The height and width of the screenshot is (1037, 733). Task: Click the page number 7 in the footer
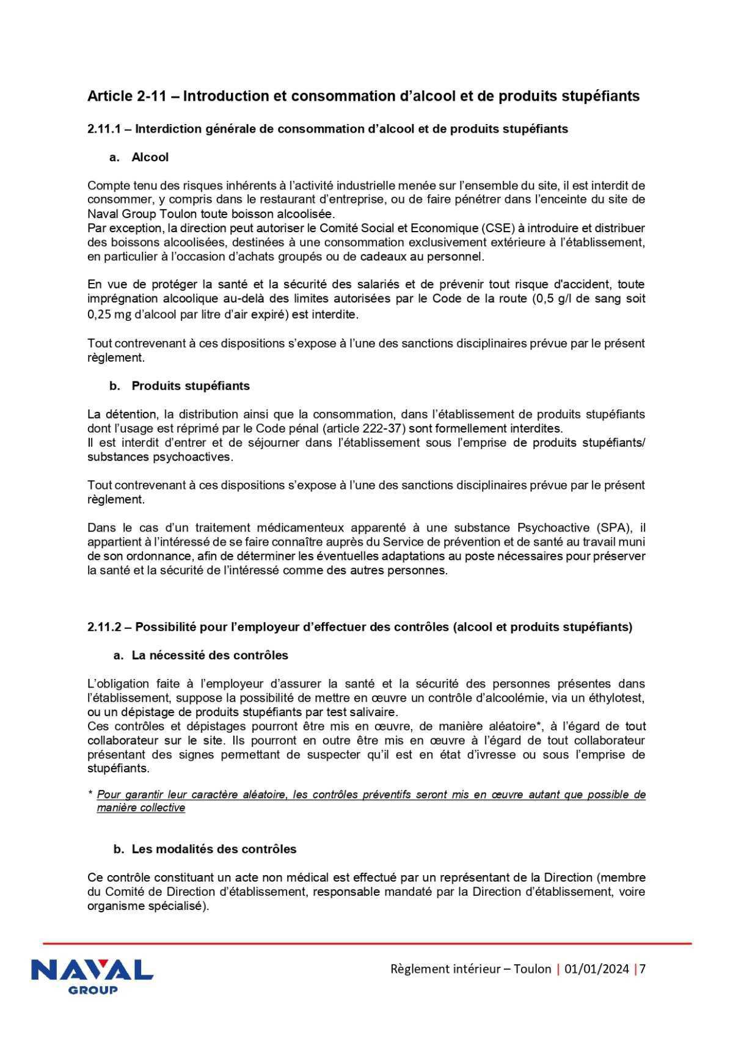pyautogui.click(x=643, y=969)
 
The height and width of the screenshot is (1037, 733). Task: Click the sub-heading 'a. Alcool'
pyautogui.click(x=139, y=157)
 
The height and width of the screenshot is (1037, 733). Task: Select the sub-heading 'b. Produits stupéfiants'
pyautogui.click(x=180, y=386)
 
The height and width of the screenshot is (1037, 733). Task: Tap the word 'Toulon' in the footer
pyautogui.click(x=532, y=969)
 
